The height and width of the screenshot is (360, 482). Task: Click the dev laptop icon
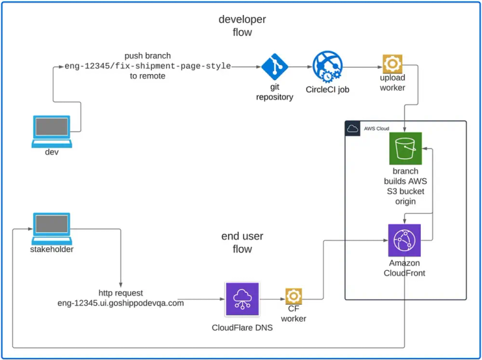coord(51,130)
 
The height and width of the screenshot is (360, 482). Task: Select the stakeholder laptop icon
coord(51,228)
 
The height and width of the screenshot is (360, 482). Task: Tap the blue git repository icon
coord(274,66)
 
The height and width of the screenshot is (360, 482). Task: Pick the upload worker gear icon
coord(392,64)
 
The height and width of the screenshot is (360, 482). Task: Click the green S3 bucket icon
coord(405,148)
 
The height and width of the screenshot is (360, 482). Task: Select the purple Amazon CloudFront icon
coord(404,240)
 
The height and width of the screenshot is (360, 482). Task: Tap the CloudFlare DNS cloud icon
coord(242,299)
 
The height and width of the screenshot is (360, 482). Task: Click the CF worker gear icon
coord(293,296)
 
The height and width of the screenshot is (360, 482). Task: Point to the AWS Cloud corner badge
coord(352,128)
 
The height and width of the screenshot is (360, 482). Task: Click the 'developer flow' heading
coord(242,25)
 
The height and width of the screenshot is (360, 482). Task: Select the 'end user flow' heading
coord(242,242)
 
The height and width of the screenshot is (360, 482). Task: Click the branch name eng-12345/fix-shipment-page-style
coord(147,66)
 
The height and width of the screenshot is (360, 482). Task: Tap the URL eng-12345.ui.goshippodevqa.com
coord(120,303)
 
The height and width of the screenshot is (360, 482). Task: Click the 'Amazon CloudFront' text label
coord(404,268)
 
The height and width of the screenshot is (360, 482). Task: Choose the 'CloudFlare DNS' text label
coord(242,327)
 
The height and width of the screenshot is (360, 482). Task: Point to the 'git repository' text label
coord(274,92)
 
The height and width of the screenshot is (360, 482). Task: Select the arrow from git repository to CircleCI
coord(300,66)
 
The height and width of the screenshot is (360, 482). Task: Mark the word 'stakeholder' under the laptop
coord(51,249)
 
